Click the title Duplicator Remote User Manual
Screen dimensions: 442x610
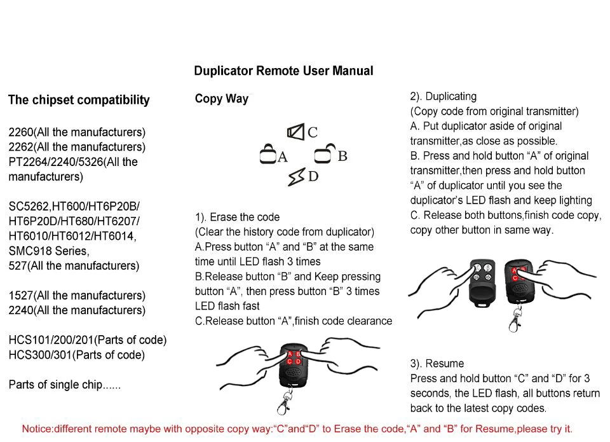tap(283, 71)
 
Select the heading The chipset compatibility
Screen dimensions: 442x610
tap(79, 100)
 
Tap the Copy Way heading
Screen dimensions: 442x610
tap(221, 99)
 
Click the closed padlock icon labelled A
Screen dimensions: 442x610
tap(268, 155)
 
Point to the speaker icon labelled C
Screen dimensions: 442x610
tap(295, 132)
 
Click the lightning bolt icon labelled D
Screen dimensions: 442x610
tap(296, 177)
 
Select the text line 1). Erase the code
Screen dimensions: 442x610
tap(237, 217)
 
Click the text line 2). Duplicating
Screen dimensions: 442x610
tap(443, 97)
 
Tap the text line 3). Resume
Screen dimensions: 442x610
tap(437, 364)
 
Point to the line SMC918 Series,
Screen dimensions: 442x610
tap(49, 251)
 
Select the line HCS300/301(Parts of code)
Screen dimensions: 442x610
tap(76, 355)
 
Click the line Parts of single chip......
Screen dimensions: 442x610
tap(64, 385)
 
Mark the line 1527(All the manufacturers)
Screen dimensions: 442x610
tap(77, 296)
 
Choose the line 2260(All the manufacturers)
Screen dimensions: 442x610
tap(77, 132)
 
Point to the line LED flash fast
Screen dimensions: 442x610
tap(227, 306)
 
